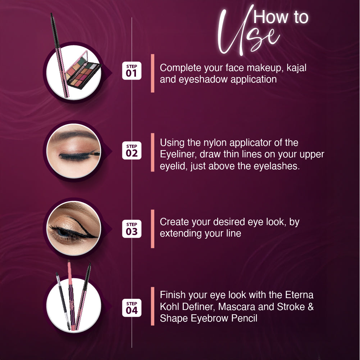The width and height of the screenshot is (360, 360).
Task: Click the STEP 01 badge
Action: pyautogui.click(x=132, y=71)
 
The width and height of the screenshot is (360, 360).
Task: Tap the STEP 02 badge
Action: pyautogui.click(x=132, y=150)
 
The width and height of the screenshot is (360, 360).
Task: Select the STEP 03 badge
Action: pyautogui.click(x=132, y=229)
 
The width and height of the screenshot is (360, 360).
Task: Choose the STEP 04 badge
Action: pyautogui.click(x=132, y=308)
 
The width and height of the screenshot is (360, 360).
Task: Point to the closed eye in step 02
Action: pyautogui.click(x=74, y=151)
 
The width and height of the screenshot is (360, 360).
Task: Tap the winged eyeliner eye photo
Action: pyautogui.click(x=74, y=228)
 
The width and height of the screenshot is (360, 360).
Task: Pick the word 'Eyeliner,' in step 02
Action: pyautogui.click(x=178, y=154)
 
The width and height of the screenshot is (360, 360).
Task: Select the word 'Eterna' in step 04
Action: pyautogui.click(x=299, y=295)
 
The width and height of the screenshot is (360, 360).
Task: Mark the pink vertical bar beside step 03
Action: pyautogui.click(x=152, y=229)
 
